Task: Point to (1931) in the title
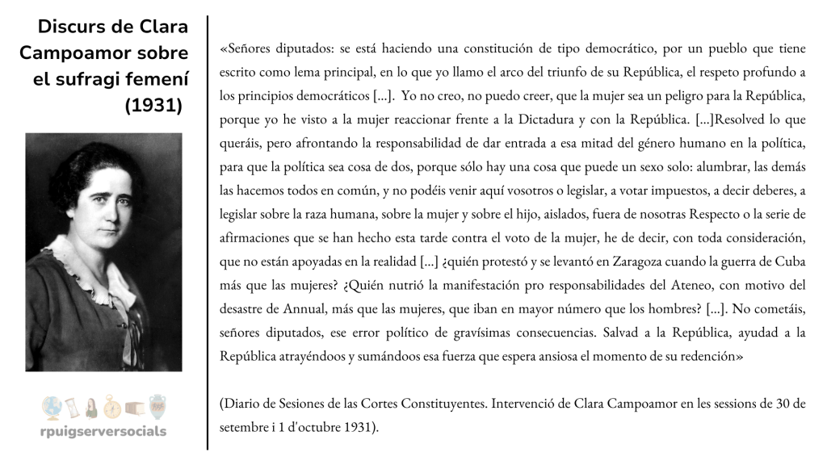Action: click(x=156, y=106)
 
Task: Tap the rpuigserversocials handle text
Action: click(x=103, y=431)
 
